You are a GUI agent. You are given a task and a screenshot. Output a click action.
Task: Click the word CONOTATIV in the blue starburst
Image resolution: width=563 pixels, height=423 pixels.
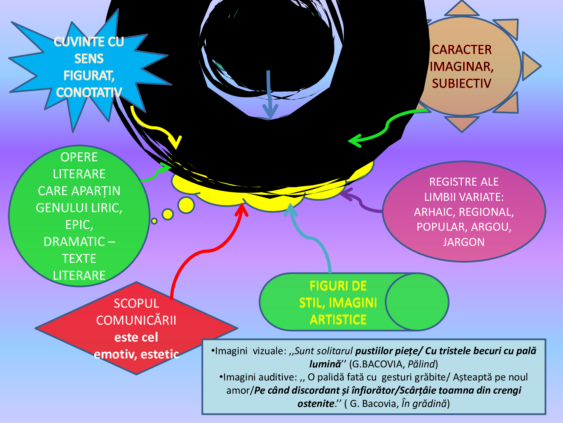coord(89,92)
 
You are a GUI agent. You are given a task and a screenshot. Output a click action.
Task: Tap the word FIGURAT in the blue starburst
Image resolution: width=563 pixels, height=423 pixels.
coord(88,76)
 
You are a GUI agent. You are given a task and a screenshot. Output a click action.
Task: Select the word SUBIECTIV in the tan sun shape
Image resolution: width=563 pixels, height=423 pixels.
coord(462,83)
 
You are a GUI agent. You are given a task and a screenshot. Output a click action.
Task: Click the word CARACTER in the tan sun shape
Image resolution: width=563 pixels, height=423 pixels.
coord(462,50)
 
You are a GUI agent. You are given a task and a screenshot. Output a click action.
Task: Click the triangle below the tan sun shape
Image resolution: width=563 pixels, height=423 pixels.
coord(462,123)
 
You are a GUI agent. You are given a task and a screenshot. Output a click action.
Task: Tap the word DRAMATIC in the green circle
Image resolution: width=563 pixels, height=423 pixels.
coord(75,242)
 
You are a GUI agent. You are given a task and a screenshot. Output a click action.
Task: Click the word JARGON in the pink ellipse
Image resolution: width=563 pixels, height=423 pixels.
coord(464,242)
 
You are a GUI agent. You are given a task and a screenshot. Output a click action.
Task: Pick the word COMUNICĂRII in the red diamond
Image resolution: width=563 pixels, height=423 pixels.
coord(136,320)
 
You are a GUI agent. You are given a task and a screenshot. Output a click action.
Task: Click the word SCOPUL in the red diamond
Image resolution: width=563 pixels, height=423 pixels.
coord(136,303)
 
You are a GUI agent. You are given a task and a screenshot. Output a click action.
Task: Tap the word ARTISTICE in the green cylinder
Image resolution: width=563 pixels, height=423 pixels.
coord(338,320)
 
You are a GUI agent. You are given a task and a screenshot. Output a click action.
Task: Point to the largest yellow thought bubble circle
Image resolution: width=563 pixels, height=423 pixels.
coord(186,205)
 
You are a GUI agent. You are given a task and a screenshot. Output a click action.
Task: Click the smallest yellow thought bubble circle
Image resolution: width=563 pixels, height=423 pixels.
coord(154,221)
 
